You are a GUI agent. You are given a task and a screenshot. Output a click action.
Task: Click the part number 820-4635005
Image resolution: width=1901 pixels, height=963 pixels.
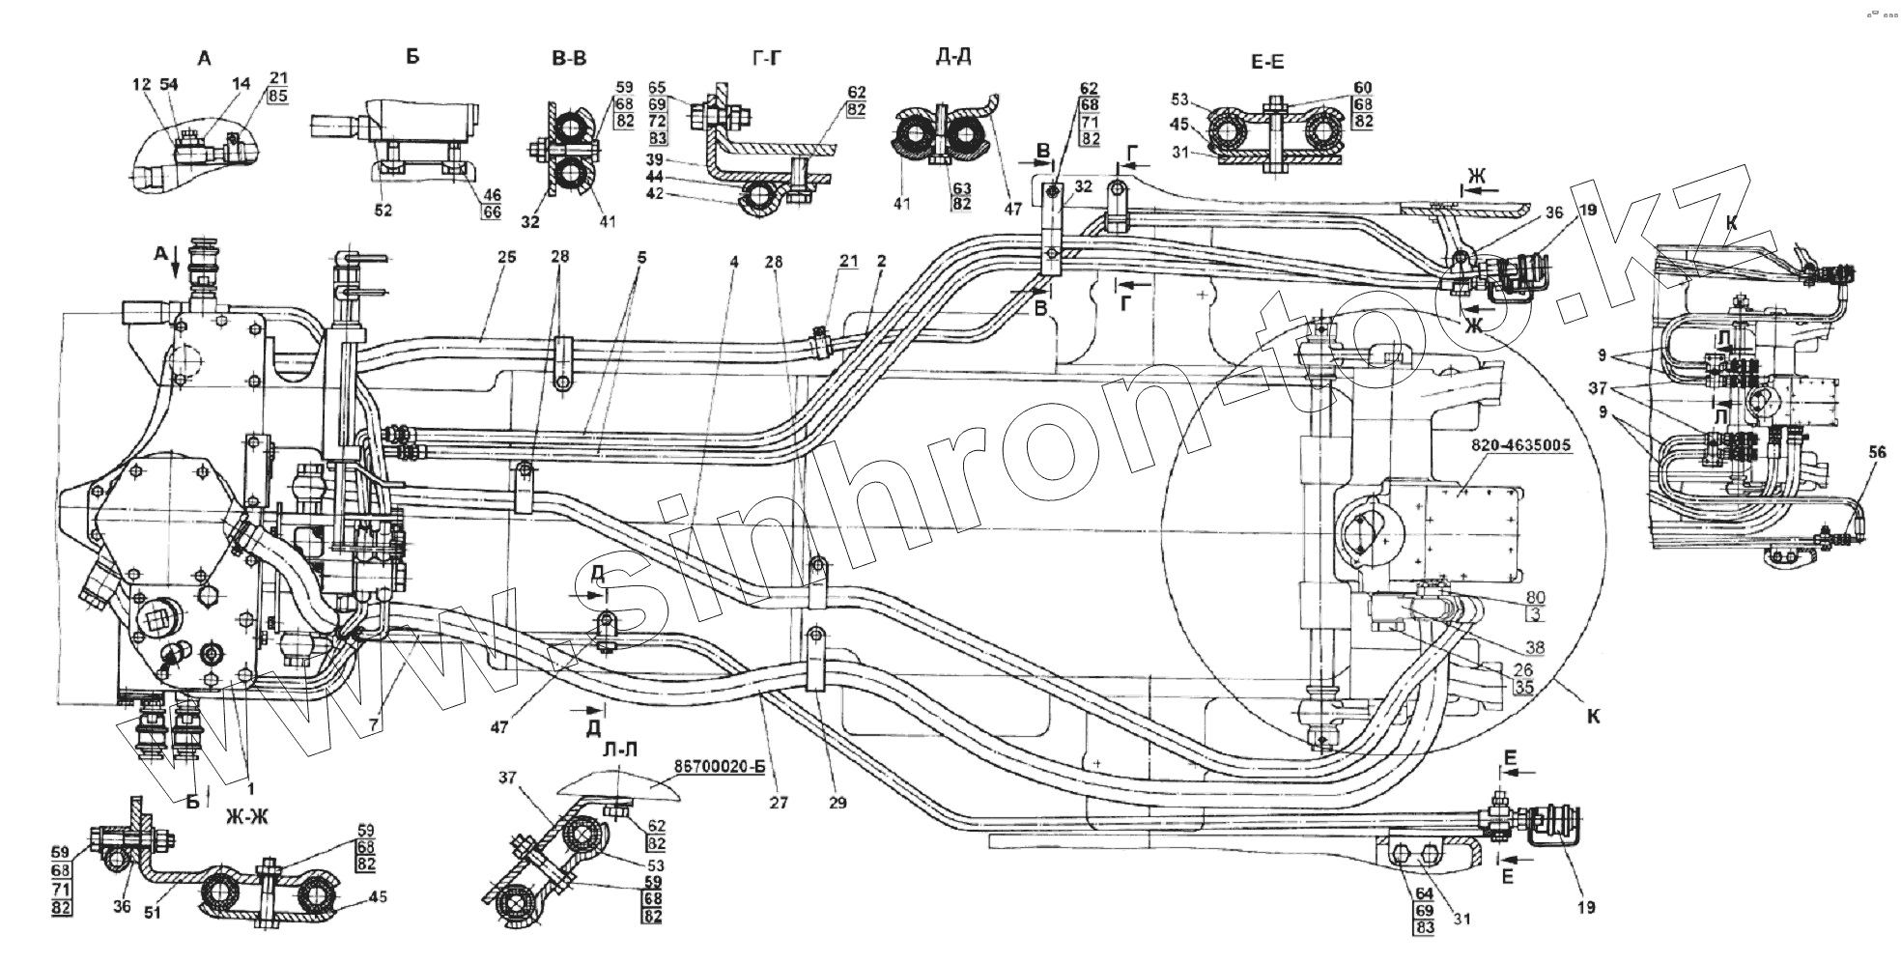[x=1520, y=446]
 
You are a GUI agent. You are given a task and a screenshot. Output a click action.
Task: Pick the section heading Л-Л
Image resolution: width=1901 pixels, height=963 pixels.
[x=615, y=750]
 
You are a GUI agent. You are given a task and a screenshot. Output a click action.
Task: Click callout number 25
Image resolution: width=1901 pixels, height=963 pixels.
[x=508, y=257]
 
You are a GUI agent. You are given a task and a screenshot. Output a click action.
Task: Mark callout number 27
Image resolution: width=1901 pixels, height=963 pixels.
[x=780, y=802]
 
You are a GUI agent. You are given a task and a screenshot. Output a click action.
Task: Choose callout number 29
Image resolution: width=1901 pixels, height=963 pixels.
[x=837, y=802]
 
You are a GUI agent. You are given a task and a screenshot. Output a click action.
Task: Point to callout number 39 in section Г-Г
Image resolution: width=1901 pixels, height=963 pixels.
[x=682, y=158]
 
